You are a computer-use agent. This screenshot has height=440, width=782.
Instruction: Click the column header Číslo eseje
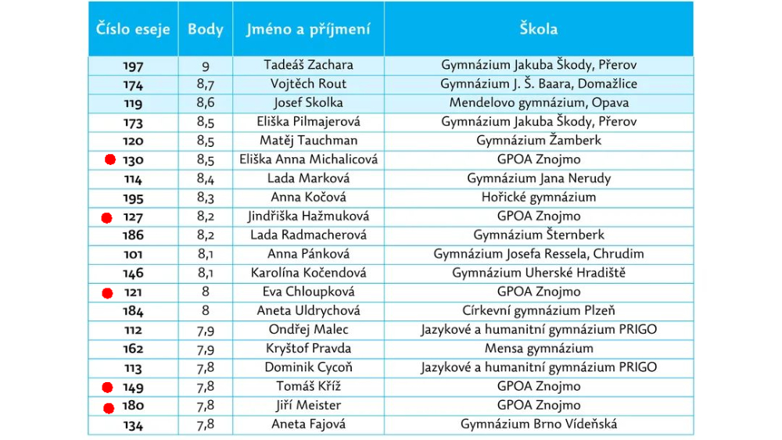133,30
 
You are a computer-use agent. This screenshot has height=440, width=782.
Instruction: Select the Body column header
205,30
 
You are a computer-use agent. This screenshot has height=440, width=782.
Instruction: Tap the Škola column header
539,30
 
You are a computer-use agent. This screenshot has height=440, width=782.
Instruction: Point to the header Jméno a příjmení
308,30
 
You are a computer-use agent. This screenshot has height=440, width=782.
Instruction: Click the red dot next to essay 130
110,160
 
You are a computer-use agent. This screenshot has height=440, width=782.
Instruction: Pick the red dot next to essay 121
108,293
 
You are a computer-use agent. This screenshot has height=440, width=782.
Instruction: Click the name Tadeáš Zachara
308,65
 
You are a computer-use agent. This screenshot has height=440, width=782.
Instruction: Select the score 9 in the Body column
206,66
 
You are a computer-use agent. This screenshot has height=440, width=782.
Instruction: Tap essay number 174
133,84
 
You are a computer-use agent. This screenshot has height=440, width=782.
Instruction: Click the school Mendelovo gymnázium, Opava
539,103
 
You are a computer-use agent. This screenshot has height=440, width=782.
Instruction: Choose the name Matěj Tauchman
308,141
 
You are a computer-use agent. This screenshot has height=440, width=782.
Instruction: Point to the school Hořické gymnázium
539,198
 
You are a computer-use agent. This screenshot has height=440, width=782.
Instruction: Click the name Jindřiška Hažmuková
308,216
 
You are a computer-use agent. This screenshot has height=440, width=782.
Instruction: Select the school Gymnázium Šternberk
539,235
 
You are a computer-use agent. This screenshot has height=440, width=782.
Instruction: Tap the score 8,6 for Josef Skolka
206,103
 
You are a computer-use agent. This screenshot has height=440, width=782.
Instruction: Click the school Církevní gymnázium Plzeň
539,311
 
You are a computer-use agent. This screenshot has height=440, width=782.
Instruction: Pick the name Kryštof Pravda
308,349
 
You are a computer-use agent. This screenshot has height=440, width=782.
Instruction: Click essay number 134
133,425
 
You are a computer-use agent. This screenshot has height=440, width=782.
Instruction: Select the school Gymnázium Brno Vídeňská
539,424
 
